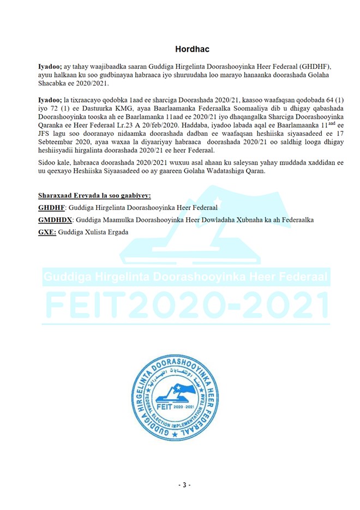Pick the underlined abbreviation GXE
46,231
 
